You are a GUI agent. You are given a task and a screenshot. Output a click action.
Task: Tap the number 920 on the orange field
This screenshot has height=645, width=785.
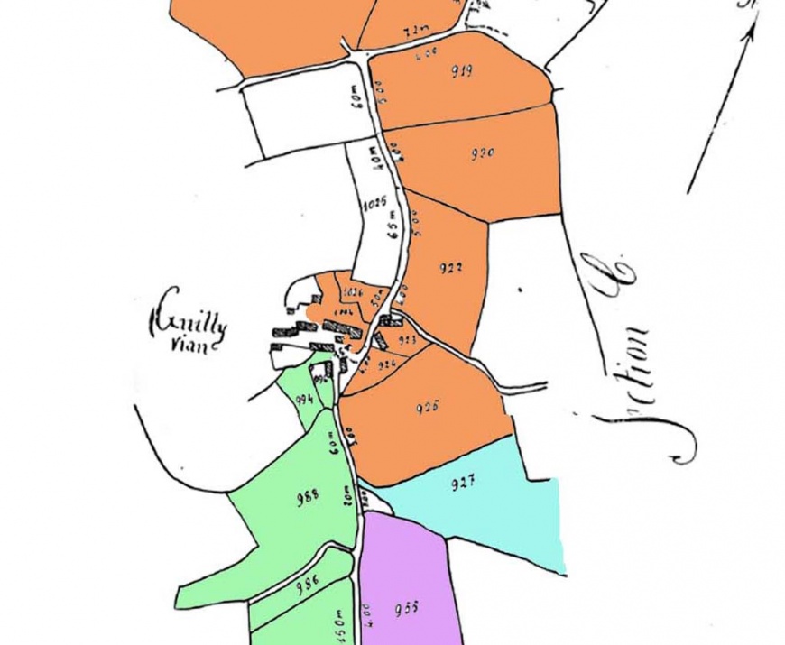click(483, 153)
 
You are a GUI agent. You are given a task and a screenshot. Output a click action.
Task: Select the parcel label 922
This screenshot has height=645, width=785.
click(451, 268)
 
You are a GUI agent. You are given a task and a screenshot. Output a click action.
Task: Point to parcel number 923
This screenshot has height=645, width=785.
click(408, 340)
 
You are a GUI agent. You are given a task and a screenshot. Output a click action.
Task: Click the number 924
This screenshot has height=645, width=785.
click(388, 364)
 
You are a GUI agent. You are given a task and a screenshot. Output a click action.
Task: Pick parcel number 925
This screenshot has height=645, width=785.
click(427, 407)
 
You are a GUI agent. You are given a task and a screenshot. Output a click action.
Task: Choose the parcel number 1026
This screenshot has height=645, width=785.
click(353, 292)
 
